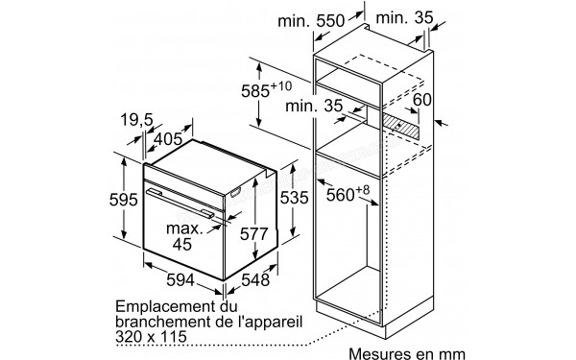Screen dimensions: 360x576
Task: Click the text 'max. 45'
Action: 183,237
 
